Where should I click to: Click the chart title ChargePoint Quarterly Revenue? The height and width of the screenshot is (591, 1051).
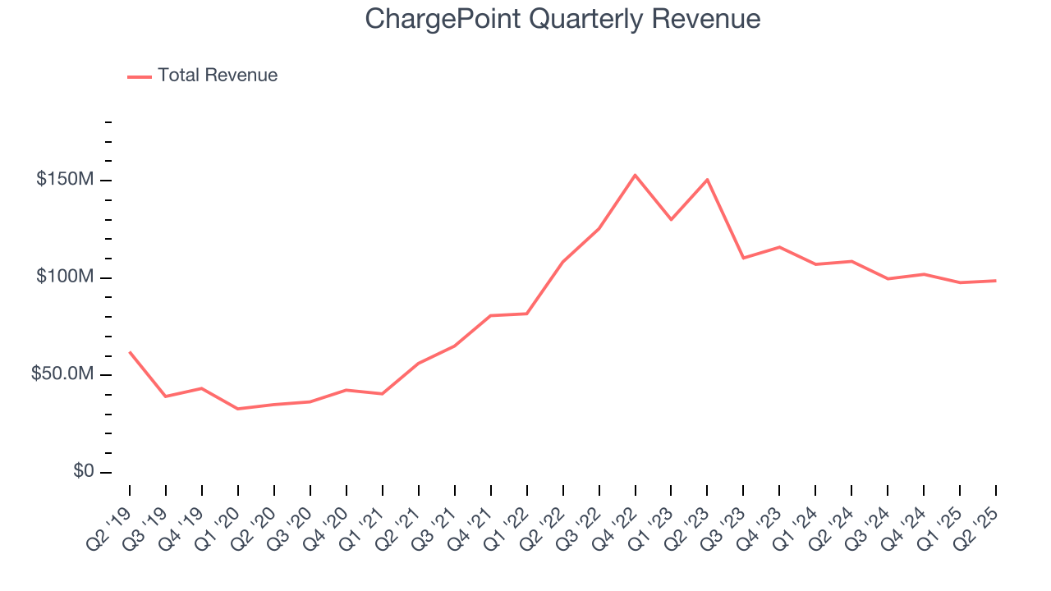pyautogui.click(x=562, y=18)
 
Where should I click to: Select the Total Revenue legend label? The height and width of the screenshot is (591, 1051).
pyautogui.click(x=218, y=76)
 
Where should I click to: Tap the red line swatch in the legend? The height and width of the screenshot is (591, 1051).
pyautogui.click(x=140, y=76)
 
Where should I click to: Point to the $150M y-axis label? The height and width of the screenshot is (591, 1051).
pyautogui.click(x=65, y=180)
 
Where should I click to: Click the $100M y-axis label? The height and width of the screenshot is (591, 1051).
pyautogui.click(x=65, y=277)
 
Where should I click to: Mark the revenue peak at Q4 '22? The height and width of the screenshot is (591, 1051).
pyautogui.click(x=635, y=175)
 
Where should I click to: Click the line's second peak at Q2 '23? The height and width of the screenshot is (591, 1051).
pyautogui.click(x=707, y=180)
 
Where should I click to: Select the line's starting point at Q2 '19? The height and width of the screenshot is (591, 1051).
pyautogui.click(x=130, y=352)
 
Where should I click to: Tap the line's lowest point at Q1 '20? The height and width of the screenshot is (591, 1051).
pyautogui.click(x=238, y=409)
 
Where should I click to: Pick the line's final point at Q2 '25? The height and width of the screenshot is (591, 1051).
pyautogui.click(x=995, y=281)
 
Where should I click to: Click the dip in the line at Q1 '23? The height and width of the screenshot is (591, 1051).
pyautogui.click(x=671, y=219)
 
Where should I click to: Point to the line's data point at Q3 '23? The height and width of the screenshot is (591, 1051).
pyautogui.click(x=743, y=258)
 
